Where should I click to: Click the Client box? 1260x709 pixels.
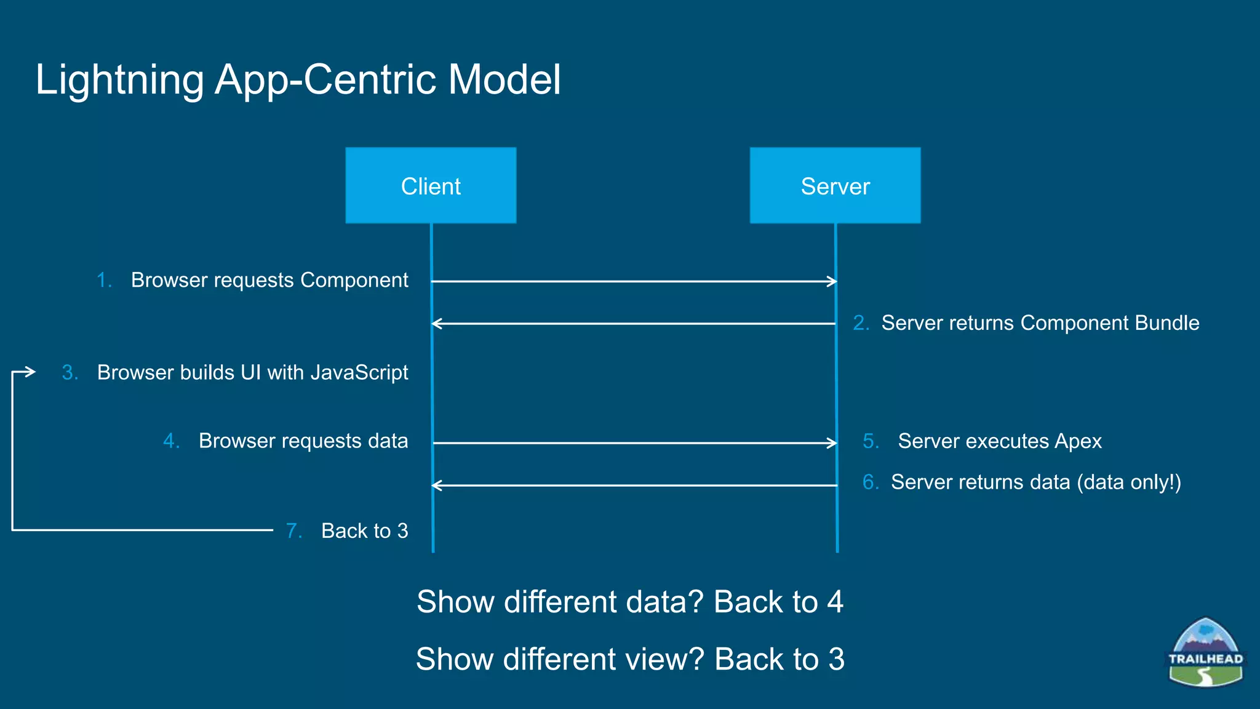[431, 185]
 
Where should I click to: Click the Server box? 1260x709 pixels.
[835, 185]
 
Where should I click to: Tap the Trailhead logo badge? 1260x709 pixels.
[1205, 653]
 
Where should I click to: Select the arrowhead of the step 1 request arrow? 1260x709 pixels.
[832, 281]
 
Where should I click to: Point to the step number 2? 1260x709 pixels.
[860, 323]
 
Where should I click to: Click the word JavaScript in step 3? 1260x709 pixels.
[359, 372]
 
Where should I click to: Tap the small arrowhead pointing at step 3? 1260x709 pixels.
[31, 371]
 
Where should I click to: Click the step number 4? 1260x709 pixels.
[170, 441]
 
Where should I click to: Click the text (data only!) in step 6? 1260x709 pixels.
[1128, 482]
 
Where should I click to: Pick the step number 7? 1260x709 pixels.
[293, 531]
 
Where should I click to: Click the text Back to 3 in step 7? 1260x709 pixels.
[364, 531]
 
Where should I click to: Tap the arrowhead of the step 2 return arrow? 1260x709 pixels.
[436, 323]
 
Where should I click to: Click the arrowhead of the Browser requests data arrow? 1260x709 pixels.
[832, 443]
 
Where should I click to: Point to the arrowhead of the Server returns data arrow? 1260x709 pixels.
[436, 486]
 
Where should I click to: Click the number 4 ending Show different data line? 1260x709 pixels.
[835, 602]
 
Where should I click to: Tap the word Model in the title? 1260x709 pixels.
[504, 80]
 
